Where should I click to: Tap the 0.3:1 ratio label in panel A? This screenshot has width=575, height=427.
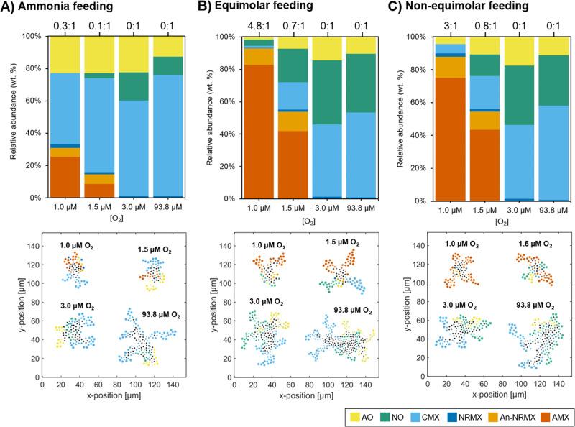tap(66, 27)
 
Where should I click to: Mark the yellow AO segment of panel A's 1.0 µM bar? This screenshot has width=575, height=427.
tap(66, 55)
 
